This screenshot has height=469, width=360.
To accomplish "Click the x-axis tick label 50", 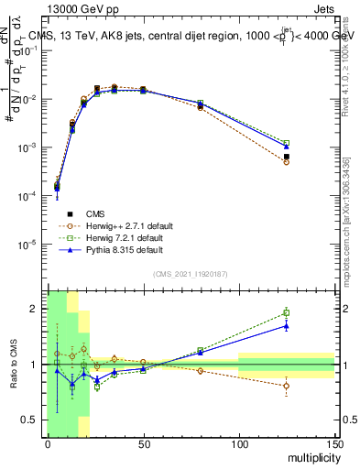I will coord(143,444).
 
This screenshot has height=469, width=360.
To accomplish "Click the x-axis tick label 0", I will coord(48,444).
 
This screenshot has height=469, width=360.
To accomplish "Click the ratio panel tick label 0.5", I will coord(32,420).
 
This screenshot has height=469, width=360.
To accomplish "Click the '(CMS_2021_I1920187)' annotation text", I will coord(190,273).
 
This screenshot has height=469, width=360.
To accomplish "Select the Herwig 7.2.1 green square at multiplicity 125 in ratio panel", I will coord(287,313).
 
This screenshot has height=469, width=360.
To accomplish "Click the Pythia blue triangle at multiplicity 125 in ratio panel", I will coord(287,325).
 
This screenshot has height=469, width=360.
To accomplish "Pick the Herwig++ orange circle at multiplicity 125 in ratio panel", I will coord(287,386).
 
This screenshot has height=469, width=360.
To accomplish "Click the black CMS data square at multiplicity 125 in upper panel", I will coord(287,157).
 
